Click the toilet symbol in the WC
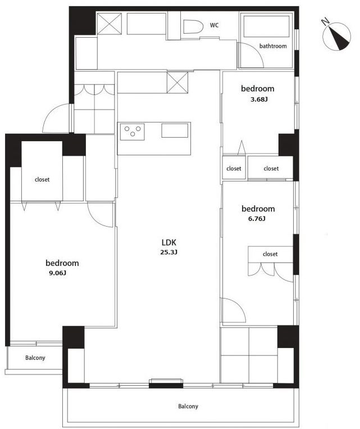click(193, 27)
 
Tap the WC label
click(215, 25)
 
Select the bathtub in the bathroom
click(266, 26)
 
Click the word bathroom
click(273, 46)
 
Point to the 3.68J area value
click(259, 100)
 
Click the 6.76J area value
click(257, 219)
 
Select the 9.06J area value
click(58, 273)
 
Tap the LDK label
click(169, 242)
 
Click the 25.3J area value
click(169, 252)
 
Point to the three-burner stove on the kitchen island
click(133, 132)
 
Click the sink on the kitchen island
click(175, 130)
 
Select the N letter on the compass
click(325, 21)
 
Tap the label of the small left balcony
click(35, 358)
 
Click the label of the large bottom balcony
click(188, 406)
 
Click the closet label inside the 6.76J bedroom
click(270, 254)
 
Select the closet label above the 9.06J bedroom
click(42, 179)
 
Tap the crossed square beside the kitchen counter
click(177, 83)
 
